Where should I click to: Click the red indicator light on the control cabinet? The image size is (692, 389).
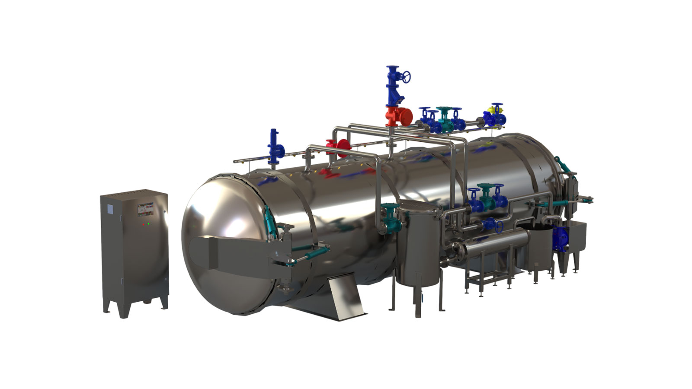(x=142, y=225)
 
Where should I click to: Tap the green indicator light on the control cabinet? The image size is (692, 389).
(x=148, y=224)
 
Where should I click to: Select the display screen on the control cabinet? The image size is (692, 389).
(x=145, y=209)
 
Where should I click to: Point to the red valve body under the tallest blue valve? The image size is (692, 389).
(x=398, y=116)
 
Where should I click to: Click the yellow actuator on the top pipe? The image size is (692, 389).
(x=493, y=111)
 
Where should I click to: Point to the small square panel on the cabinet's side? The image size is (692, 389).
(x=110, y=209)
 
